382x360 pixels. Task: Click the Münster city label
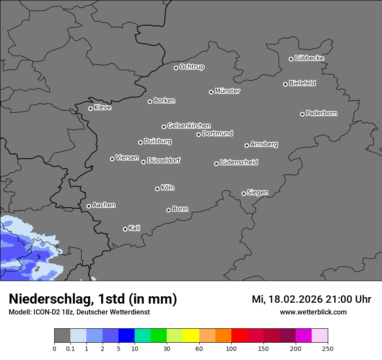pyautogui.click(x=227, y=91)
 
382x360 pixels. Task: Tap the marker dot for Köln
pyautogui.click(x=157, y=189)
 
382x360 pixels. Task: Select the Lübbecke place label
pyautogui.click(x=309, y=58)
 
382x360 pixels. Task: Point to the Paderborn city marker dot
pyautogui.click(x=302, y=114)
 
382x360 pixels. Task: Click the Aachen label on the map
pyautogui.click(x=104, y=205)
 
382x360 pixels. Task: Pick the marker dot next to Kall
pyautogui.click(x=125, y=229)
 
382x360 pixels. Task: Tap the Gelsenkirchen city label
pyautogui.click(x=189, y=126)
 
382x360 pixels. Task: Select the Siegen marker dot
pyautogui.click(x=244, y=193)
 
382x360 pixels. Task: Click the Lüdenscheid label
pyautogui.click(x=239, y=163)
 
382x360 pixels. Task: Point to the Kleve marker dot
pyautogui.click(x=90, y=108)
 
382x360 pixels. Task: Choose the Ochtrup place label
pyautogui.click(x=192, y=67)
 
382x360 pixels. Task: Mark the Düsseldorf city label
pyautogui.click(x=164, y=160)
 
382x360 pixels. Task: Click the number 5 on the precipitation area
pyautogui.click(x=39, y=257)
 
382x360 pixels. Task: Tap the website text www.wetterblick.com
pyautogui.click(x=313, y=312)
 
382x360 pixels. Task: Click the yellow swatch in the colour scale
pyautogui.click(x=191, y=336)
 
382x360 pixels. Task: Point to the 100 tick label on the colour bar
pyautogui.click(x=231, y=348)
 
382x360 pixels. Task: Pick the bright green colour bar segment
pyautogui.click(x=159, y=336)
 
